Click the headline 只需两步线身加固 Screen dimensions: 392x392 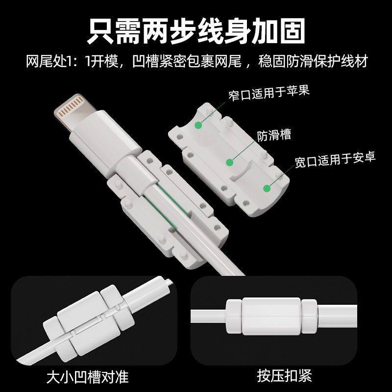pyautogui.click(x=196, y=30)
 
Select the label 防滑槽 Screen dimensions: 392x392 pyautogui.click(x=274, y=135)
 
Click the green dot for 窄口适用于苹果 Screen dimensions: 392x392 pyautogui.click(x=198, y=125)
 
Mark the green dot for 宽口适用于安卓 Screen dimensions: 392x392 pyautogui.click(x=268, y=188)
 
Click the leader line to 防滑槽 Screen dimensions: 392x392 pyautogui.click(x=242, y=149)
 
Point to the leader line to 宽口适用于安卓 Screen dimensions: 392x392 pyautogui.click(x=281, y=176)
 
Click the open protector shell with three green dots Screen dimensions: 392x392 pyautogui.click(x=230, y=157)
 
